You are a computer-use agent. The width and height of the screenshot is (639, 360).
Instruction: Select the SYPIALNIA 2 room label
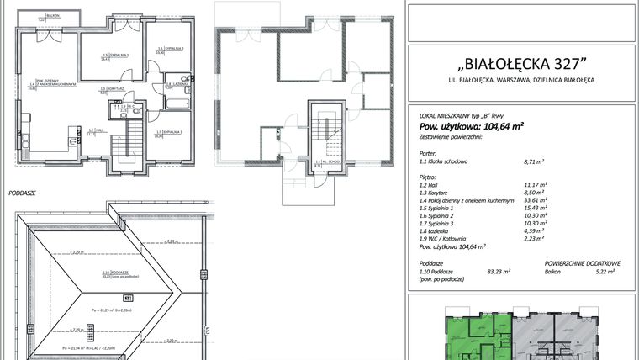click(x=170, y=49)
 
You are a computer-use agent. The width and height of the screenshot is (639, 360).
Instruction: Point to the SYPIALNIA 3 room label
click(x=169, y=132)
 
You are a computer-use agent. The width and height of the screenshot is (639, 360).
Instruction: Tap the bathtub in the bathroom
click(x=177, y=103)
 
